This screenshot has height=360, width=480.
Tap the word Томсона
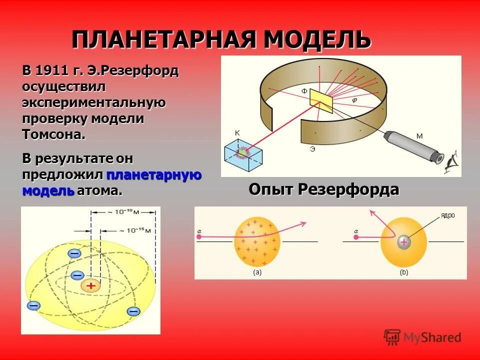[x=53, y=134]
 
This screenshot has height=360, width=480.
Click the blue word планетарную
[x=153, y=174]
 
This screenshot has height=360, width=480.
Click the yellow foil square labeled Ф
[x=321, y=100]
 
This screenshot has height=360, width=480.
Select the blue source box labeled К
[x=243, y=153]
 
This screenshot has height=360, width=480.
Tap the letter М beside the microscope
[x=419, y=135]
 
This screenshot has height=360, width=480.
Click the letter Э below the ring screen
[x=312, y=149]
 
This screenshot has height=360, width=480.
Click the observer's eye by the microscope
[x=452, y=161]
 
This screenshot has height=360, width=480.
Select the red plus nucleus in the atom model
[x=90, y=286]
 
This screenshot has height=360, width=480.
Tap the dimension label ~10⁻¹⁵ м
[x=134, y=231]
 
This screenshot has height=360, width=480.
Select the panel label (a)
[x=257, y=272]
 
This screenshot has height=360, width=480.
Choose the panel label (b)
[x=403, y=272]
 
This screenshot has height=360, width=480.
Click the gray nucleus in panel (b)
[x=403, y=242]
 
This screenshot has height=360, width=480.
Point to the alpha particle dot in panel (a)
[x=199, y=237]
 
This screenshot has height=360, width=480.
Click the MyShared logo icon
[x=392, y=337]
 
